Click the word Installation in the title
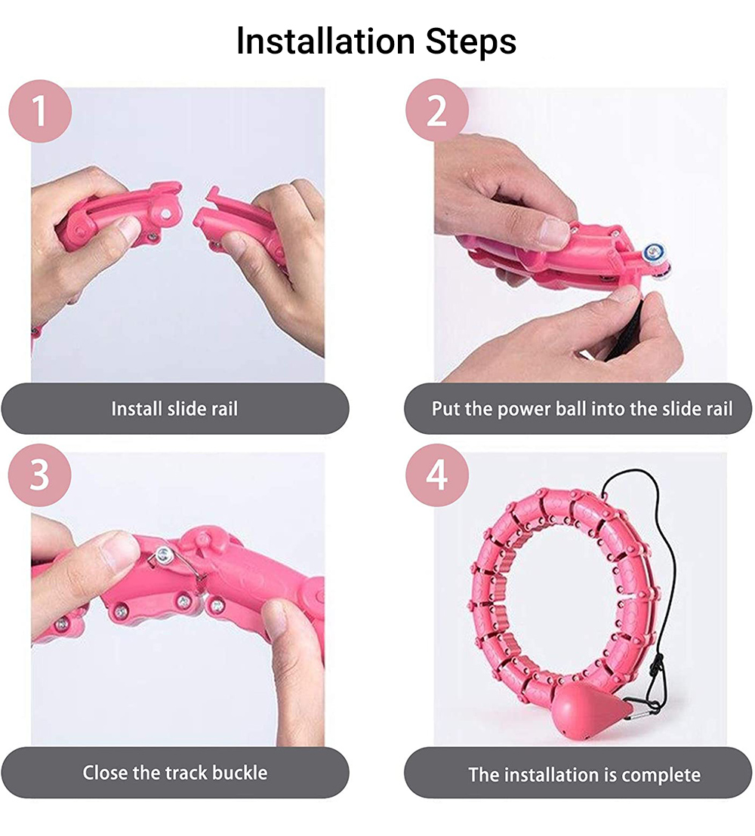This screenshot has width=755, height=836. coord(325,41)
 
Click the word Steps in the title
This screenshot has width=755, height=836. coord(471,41)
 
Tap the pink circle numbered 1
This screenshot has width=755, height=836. coord(40,111)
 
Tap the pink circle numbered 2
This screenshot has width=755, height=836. coord(437,110)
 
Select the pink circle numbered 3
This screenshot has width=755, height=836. coord(39,475)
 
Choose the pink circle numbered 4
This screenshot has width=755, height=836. coord(437,475)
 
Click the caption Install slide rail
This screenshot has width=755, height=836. coord(174,409)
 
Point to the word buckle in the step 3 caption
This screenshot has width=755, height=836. coord(239,773)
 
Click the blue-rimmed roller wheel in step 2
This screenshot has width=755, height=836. coord(652,252)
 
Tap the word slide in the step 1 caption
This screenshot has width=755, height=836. coord(186,409)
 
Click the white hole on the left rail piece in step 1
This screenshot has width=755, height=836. coord(166,214)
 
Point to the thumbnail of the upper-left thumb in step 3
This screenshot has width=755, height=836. coord(121,549)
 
